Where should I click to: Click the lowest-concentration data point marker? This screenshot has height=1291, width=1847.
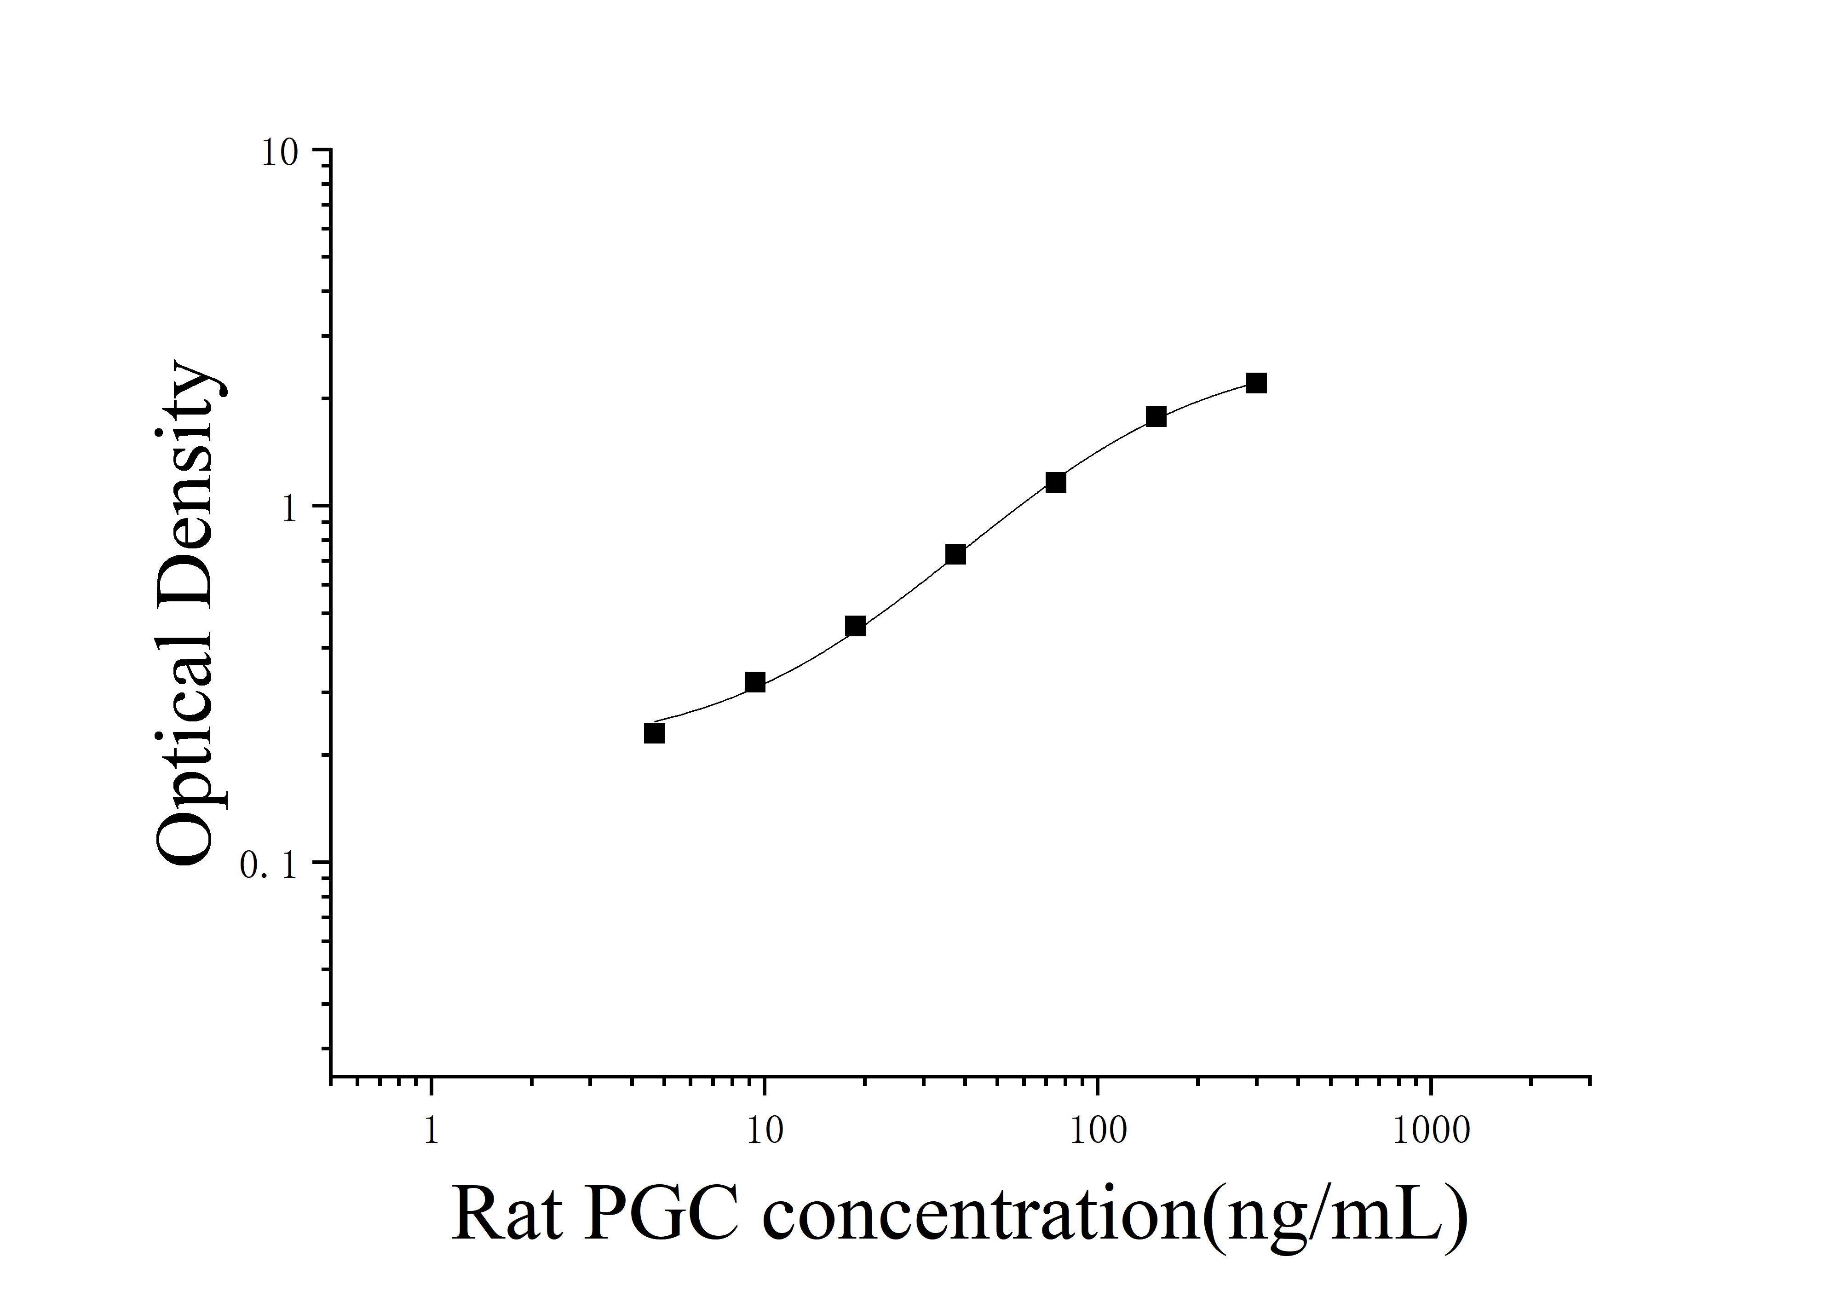click(x=654, y=733)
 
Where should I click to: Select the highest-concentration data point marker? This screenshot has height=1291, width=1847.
click(x=1256, y=383)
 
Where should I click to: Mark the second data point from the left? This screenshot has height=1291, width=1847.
click(x=754, y=682)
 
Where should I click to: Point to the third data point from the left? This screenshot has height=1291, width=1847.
click(x=855, y=626)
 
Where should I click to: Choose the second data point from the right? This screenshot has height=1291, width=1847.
click(x=1156, y=416)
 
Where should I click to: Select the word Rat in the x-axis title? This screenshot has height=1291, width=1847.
click(x=507, y=1215)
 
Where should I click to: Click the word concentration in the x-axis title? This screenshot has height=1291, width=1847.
click(x=981, y=1215)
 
